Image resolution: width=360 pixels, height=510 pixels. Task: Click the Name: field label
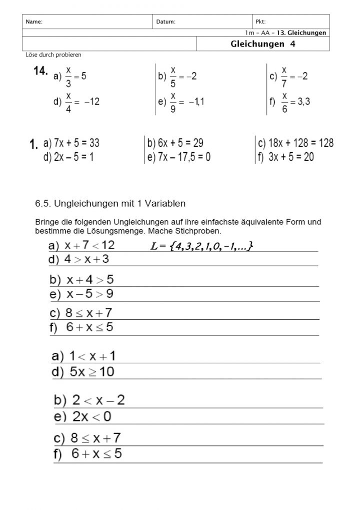point(34,22)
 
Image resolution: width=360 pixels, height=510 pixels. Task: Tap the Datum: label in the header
point(166,22)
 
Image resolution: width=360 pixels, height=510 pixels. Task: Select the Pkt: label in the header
point(260,22)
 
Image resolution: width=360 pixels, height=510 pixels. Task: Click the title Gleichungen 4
point(263,44)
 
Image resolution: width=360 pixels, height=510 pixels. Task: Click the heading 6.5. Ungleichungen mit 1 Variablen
point(110,204)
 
